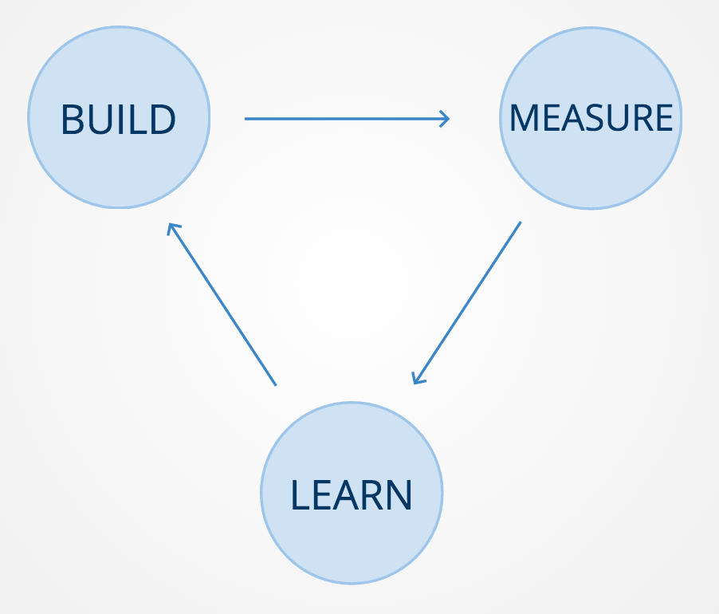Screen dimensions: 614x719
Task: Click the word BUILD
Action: [118, 120]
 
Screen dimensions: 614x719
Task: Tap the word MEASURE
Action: [591, 118]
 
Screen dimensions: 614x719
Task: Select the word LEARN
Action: [352, 494]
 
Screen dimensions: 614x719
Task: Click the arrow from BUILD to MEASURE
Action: [347, 119]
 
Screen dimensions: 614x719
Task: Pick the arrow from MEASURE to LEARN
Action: [467, 302]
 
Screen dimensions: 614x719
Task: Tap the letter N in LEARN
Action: [398, 494]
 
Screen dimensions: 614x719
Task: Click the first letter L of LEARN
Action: [299, 494]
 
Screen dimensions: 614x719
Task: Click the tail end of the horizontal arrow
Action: [247, 119]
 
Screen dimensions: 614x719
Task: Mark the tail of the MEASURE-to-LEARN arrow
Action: [519, 224]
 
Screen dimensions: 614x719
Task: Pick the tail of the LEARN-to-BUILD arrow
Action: [274, 384]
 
